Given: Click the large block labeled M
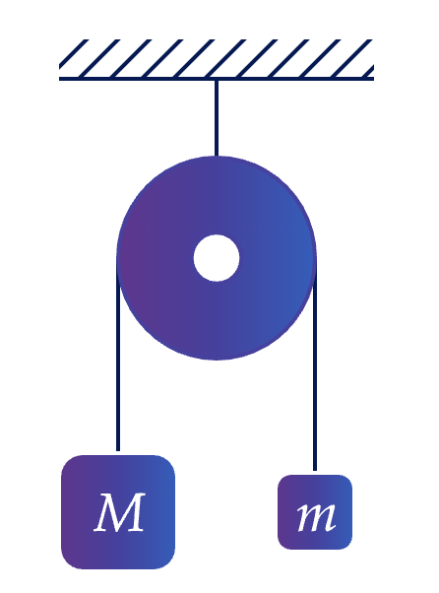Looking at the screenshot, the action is [118, 512].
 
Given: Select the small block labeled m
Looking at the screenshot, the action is [315, 512].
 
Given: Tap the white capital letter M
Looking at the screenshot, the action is [120, 512].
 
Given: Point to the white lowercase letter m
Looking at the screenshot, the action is [316, 516].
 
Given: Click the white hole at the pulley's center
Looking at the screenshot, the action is [217, 258].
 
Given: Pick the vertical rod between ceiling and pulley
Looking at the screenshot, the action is [217, 118].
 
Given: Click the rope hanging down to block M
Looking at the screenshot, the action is [118, 356].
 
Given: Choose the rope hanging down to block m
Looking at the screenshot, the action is [315, 364].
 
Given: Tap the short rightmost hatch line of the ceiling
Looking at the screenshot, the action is [368, 71].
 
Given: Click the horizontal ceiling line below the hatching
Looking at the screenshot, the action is [217, 79].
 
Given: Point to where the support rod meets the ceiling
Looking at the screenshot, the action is [217, 81].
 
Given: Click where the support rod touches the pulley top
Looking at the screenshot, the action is [217, 156].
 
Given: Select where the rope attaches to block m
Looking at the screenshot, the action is [315, 473].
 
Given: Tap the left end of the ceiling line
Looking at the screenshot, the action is [59, 79].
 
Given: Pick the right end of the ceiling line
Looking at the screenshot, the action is [374, 79].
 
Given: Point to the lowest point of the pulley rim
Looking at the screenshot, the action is [217, 361].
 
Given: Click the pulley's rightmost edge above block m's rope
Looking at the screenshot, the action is [316, 258].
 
